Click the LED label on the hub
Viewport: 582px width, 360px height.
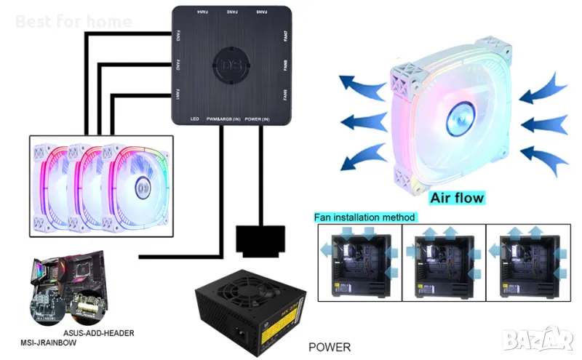194,118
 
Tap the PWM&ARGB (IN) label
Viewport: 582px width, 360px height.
223,118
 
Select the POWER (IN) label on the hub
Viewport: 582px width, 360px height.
258,118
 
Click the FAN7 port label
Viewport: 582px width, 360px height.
285,36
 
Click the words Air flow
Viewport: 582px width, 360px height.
456,197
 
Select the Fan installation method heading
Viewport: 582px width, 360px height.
364,217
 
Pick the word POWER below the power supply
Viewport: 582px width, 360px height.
330,347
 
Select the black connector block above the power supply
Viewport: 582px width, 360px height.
258,240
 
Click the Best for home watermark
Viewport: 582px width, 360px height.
73,21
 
